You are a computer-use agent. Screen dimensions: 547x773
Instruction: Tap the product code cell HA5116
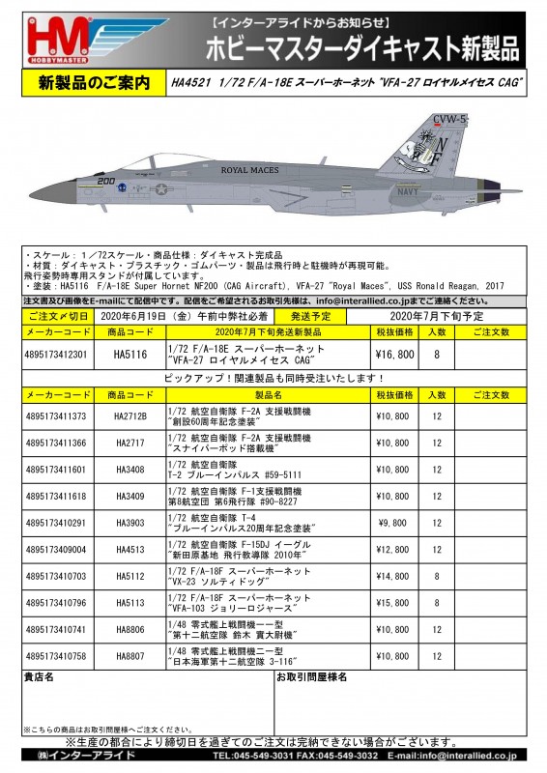coord(130,355)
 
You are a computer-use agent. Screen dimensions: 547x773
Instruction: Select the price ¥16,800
coord(393,355)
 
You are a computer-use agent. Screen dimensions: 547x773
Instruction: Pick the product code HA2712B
coord(130,416)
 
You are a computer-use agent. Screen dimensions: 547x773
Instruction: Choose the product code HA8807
coord(130,656)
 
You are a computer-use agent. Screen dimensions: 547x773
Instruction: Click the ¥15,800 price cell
coord(393,603)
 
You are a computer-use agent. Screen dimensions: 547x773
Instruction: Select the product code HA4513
coord(130,550)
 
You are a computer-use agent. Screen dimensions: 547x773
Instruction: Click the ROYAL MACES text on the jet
coord(249,170)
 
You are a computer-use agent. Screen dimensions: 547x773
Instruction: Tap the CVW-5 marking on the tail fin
coord(450,119)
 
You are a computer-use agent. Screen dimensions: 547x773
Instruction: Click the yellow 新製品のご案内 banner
coord(86,85)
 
